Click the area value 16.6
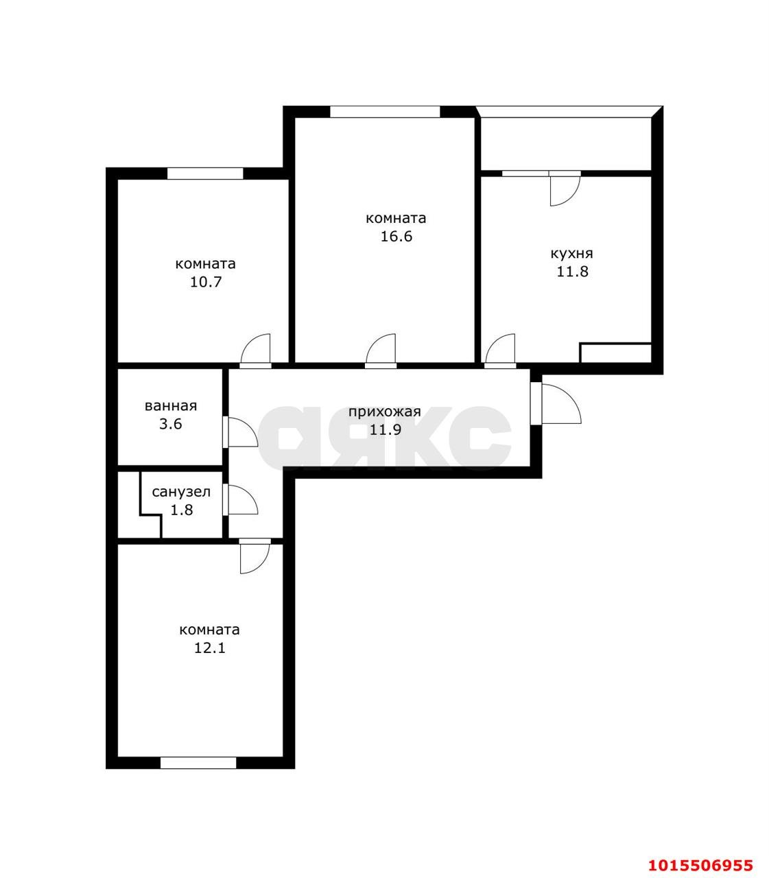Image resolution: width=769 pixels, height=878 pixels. [396, 237]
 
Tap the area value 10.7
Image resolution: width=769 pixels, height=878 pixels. [206, 282]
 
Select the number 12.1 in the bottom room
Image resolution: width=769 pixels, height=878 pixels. [209, 648]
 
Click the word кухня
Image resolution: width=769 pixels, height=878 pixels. [571, 254]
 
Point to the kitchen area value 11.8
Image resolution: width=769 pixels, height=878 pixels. [572, 272]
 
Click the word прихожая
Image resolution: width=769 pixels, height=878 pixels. [384, 412]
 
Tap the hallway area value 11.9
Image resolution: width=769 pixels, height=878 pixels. [386, 429]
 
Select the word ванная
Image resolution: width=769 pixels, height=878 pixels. [171, 406]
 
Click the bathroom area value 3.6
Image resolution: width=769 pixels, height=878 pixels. [171, 424]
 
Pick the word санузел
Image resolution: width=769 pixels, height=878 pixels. [181, 492]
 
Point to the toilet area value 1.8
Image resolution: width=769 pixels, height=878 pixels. [182, 510]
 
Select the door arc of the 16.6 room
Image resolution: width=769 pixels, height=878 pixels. [374, 342]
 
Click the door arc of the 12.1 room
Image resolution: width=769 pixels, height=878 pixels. [262, 565]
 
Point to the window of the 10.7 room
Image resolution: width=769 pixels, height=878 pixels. [205, 174]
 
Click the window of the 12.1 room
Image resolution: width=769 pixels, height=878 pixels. [198, 763]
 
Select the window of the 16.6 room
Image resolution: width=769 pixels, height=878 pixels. [385, 112]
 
